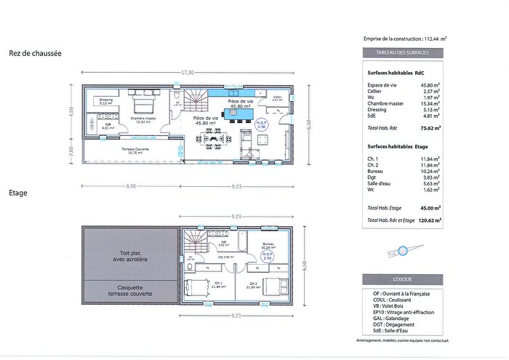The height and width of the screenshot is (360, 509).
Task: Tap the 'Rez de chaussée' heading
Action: (35, 53)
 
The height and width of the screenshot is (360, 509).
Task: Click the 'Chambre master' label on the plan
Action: (143, 119)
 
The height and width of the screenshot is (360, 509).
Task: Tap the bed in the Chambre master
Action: (144, 105)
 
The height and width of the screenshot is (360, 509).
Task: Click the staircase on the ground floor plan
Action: (196, 100)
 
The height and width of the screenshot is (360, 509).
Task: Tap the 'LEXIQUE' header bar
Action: (404, 279)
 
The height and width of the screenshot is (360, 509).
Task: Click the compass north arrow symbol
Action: (402, 251)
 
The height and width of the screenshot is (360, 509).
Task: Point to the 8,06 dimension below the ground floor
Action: (132, 186)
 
